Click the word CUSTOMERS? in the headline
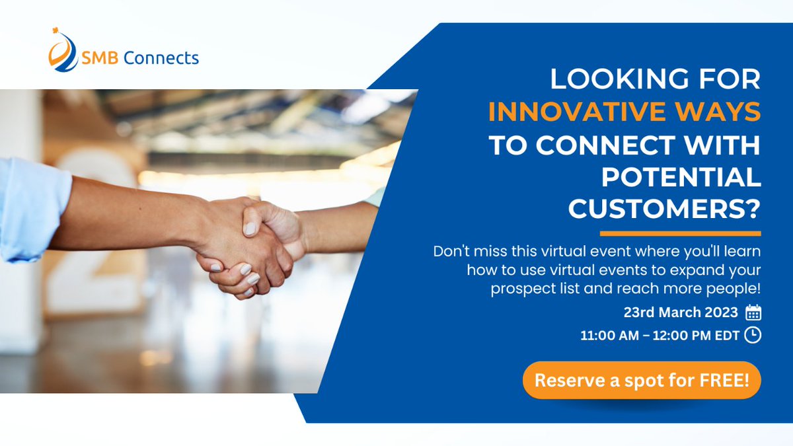664,209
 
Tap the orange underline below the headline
680,233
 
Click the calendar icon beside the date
753,313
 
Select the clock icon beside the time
753,336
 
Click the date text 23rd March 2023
681,313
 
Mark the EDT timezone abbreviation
725,336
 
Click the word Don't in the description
449,252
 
